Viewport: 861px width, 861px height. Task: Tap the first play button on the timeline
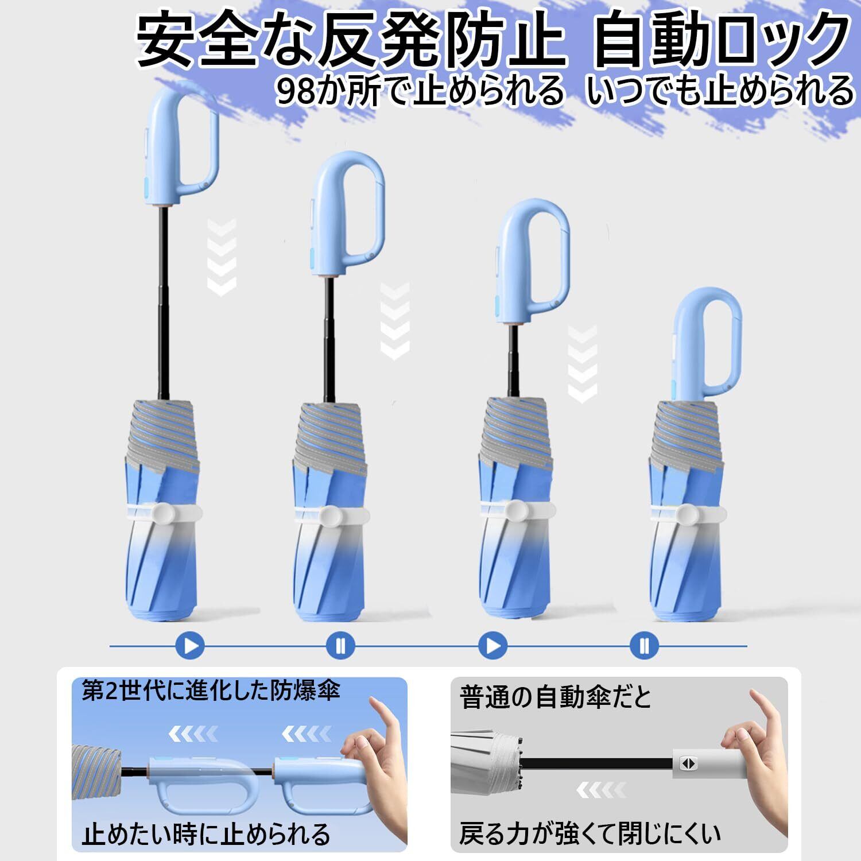(191, 646)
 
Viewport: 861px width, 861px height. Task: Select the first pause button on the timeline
(341, 646)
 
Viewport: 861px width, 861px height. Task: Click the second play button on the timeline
(493, 646)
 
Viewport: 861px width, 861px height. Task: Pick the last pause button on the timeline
(644, 646)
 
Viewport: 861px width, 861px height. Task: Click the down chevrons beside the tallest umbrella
(222, 258)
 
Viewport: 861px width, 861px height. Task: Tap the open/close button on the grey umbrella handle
(687, 763)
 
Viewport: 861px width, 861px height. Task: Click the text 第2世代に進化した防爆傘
(211, 689)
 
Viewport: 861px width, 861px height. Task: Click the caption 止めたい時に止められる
(206, 833)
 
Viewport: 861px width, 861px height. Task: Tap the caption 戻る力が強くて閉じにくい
(590, 833)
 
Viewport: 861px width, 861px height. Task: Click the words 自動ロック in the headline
(723, 42)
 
